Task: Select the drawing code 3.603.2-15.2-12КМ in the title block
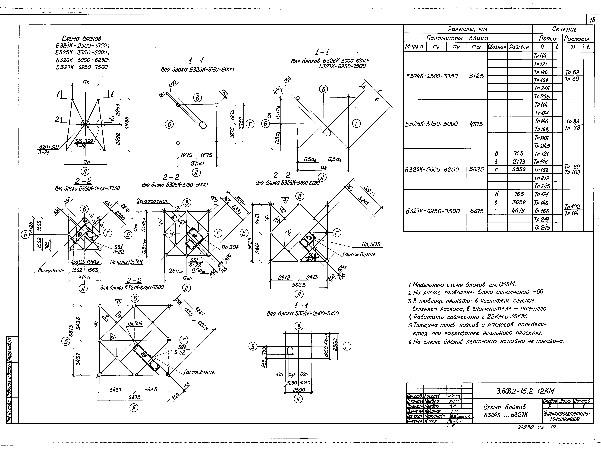[x=525, y=391]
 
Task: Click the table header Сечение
[x=564, y=29]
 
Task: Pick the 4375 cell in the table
[x=476, y=124]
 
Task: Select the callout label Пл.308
[x=230, y=247]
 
